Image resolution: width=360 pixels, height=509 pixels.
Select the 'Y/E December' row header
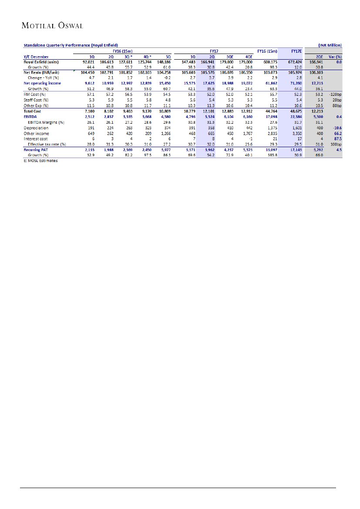click(36, 57)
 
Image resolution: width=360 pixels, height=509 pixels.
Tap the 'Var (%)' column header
click(335, 57)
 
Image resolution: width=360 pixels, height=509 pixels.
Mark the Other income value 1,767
click(246, 133)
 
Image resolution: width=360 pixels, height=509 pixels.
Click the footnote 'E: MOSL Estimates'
click(40, 160)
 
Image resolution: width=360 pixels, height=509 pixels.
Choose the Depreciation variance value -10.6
click(336, 128)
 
